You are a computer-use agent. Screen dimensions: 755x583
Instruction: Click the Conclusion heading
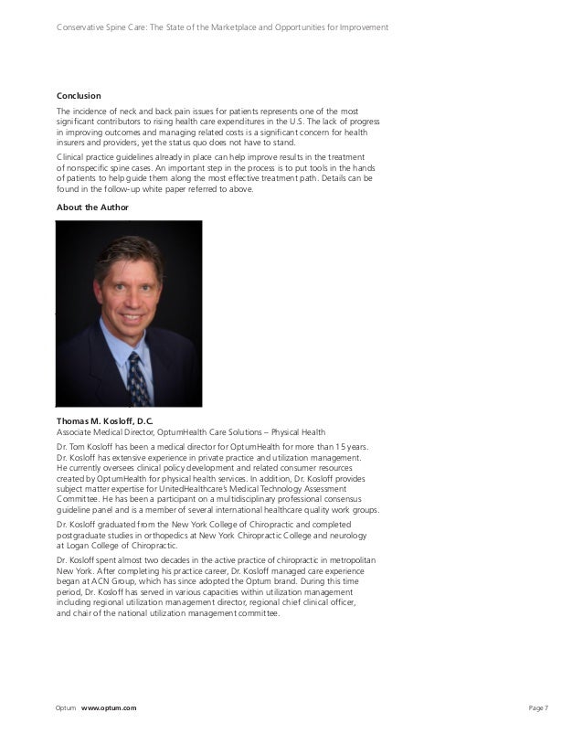pos(79,96)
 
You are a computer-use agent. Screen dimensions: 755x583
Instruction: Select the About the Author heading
pos(93,207)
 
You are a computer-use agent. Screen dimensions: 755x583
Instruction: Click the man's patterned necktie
pos(137,374)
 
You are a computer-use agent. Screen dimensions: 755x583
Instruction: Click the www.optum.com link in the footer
pos(109,708)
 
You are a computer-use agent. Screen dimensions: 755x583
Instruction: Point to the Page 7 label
pos(539,708)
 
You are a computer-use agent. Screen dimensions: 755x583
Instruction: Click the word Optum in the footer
pos(66,708)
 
